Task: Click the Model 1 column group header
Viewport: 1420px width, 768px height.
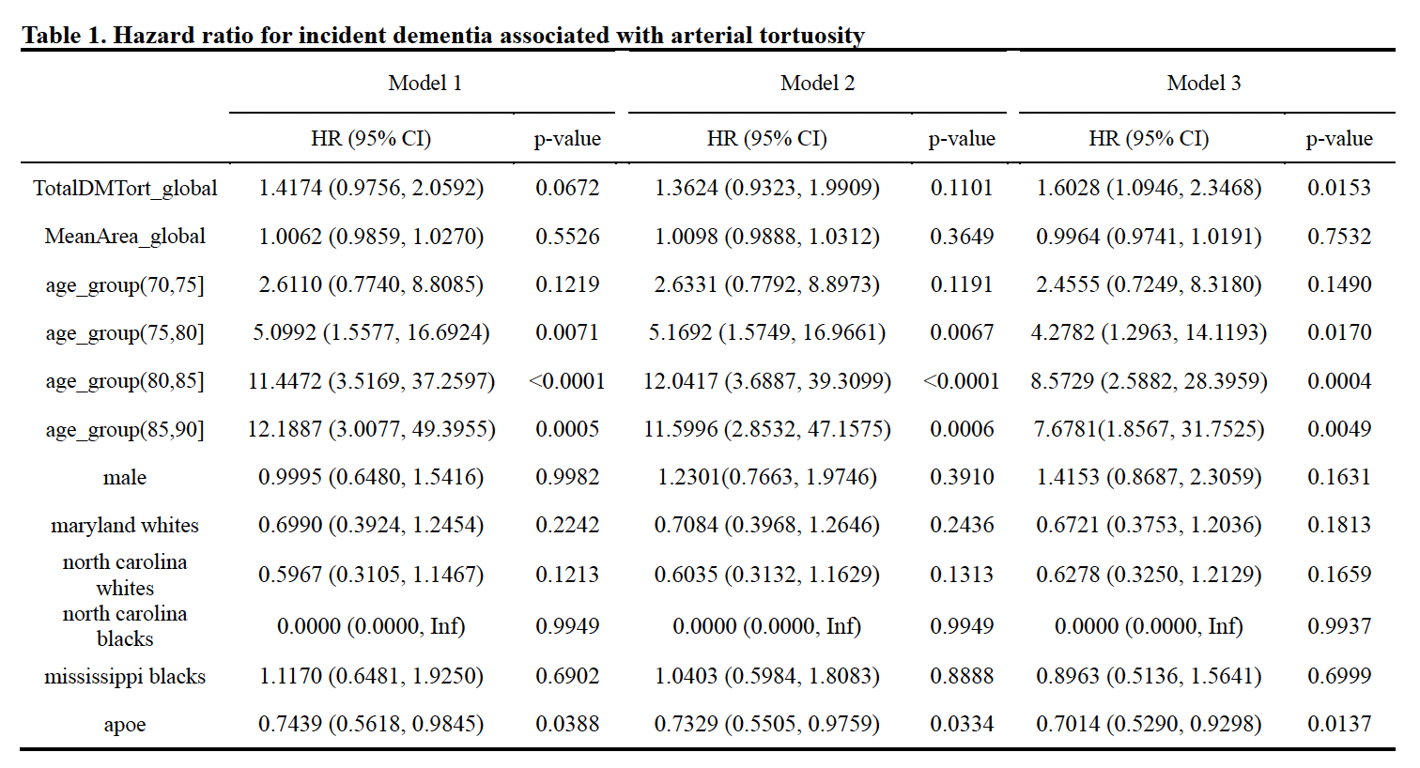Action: [424, 83]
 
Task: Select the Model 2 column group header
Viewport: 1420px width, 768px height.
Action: [817, 83]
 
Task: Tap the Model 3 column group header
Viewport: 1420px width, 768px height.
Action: [1204, 83]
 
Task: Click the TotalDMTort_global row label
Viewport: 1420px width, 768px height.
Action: [125, 188]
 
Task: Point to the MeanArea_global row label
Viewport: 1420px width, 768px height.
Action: [125, 237]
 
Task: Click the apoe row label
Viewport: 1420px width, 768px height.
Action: [125, 724]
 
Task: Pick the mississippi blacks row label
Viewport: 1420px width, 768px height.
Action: [125, 676]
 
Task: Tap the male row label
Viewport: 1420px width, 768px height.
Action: [125, 477]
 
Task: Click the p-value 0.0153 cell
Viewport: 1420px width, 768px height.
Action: [1339, 188]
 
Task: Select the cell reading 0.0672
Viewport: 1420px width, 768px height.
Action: [567, 188]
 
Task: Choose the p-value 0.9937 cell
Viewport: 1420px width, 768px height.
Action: [1339, 626]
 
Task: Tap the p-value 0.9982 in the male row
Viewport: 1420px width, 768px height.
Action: [567, 477]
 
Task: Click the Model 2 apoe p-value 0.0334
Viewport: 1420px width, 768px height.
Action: [962, 724]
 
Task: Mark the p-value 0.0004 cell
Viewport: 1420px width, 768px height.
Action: [1339, 381]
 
